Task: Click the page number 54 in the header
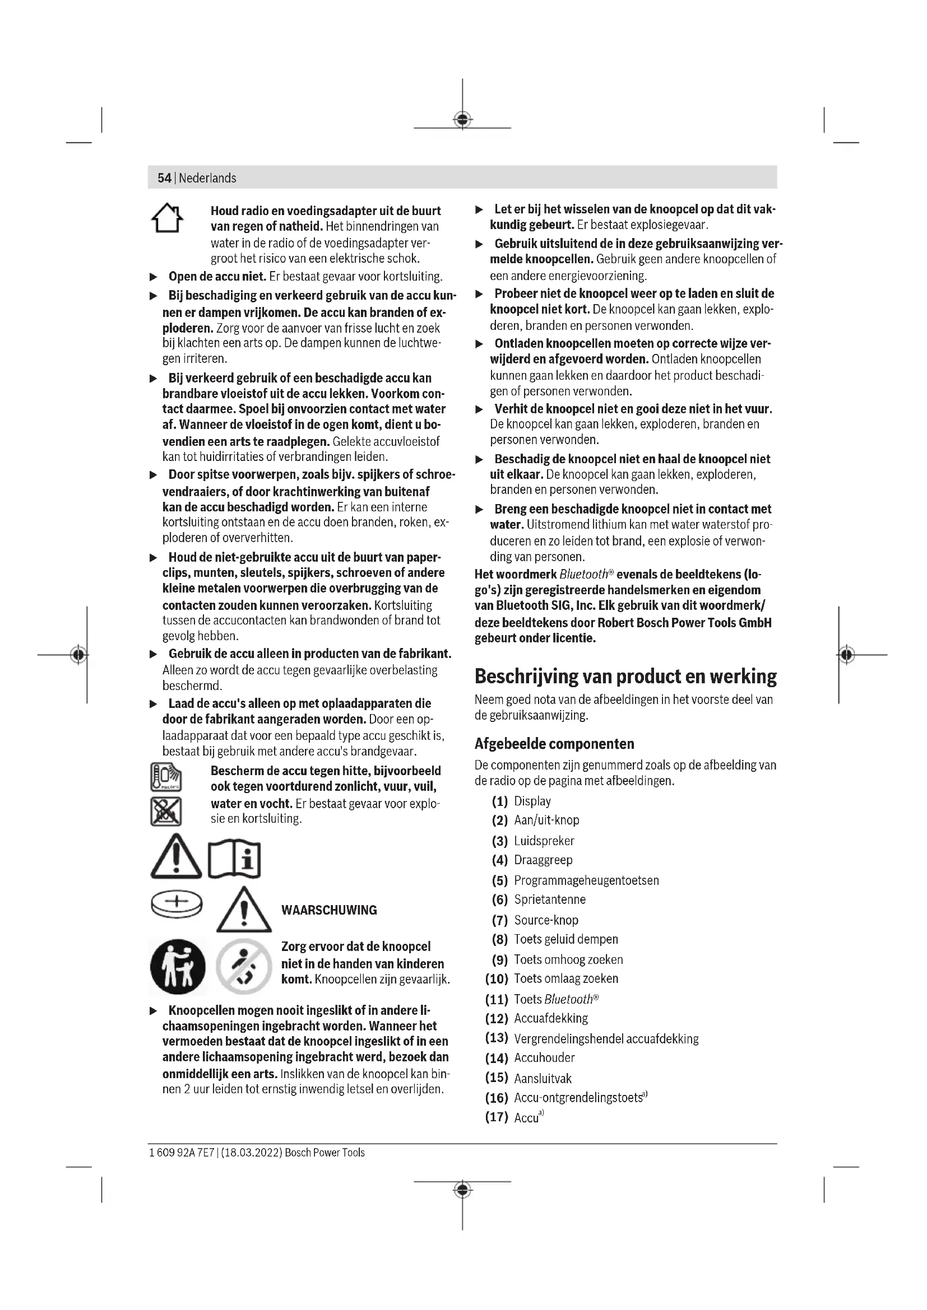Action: click(164, 178)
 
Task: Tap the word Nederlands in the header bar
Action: click(207, 178)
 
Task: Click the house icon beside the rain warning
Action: click(167, 218)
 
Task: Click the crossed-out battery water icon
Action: click(166, 812)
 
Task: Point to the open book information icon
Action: click(234, 859)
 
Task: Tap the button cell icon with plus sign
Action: click(177, 903)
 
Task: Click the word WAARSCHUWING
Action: click(329, 910)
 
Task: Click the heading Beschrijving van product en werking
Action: click(625, 677)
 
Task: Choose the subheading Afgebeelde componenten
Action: click(554, 743)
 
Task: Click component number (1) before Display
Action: click(499, 801)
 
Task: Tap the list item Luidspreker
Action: click(544, 841)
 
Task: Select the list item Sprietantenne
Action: click(550, 900)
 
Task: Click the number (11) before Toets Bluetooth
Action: click(497, 999)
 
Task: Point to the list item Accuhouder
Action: click(544, 1058)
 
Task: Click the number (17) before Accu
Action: click(497, 1117)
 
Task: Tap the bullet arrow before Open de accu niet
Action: click(153, 277)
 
